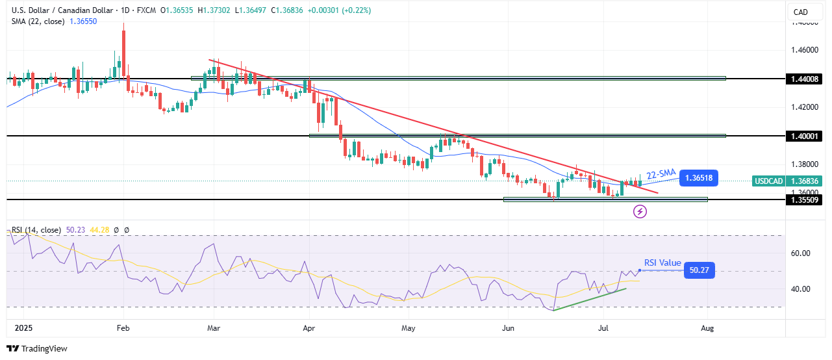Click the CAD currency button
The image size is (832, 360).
[x=800, y=12]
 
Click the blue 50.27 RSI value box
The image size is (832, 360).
[x=699, y=270]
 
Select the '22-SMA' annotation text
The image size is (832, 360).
[x=661, y=173]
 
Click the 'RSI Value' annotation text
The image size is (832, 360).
[x=662, y=263]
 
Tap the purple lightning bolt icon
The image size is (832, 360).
[x=640, y=211]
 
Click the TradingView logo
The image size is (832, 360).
[x=37, y=348]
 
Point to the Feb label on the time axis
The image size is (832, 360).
[x=123, y=328]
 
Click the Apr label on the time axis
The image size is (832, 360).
[x=309, y=328]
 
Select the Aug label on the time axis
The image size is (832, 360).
[x=707, y=328]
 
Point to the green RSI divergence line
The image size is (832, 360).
[x=590, y=300]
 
